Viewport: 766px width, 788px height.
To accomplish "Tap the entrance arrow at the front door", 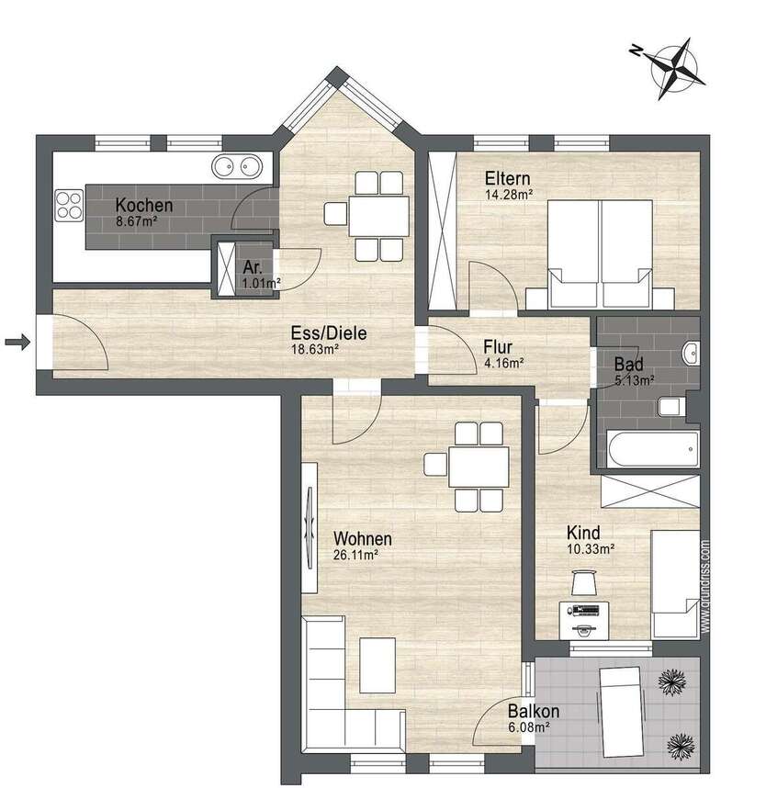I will click(x=17, y=343).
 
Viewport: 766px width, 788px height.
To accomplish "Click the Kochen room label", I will click(x=143, y=206).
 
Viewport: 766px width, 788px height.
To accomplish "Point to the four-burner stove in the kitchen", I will click(x=69, y=205).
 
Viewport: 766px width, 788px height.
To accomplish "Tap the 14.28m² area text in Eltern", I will click(x=509, y=194).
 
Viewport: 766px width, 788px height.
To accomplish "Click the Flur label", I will click(x=502, y=347).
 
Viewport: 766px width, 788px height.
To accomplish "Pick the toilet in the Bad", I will click(x=670, y=407).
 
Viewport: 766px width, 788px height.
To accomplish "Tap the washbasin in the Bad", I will click(x=692, y=351).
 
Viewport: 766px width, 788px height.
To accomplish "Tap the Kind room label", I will click(x=584, y=533).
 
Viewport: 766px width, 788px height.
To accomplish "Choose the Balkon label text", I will click(x=534, y=711).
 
